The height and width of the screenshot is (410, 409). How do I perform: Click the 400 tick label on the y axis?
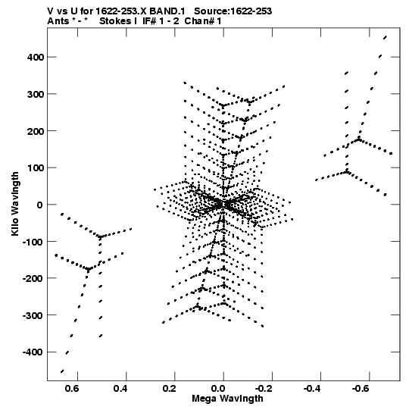[36, 57]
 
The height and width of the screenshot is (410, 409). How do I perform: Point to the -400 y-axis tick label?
[33, 352]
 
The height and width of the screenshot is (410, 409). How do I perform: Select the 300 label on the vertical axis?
[36, 94]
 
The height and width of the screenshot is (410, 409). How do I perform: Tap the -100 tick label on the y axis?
[33, 242]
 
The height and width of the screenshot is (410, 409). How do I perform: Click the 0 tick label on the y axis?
[39, 205]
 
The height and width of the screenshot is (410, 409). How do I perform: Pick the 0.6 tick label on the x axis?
[72, 389]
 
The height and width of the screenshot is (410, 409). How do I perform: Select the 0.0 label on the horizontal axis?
[218, 389]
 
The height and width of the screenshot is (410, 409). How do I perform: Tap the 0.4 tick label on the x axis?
[120, 389]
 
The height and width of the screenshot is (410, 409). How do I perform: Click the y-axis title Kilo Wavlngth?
[15, 204]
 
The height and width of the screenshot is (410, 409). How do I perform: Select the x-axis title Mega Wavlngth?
[227, 399]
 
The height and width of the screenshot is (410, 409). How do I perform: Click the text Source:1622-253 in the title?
[233, 11]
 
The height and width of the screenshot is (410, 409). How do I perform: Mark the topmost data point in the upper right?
[385, 38]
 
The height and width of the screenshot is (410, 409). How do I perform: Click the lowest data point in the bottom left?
[62, 371]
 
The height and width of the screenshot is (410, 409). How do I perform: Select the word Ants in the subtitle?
[58, 21]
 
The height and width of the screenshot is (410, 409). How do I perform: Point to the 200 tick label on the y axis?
[36, 131]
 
